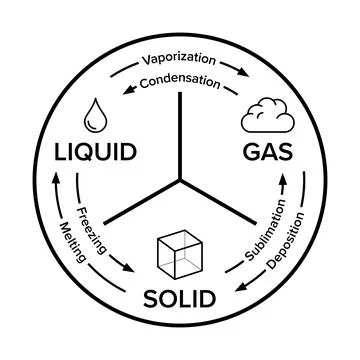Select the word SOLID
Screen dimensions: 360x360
(180, 298)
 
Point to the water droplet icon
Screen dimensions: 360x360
(96, 114)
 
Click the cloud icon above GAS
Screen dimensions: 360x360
(268, 118)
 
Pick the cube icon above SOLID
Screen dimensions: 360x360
(180, 252)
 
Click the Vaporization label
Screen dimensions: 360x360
(180, 57)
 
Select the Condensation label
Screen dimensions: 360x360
(180, 82)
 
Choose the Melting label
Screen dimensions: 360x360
(76, 243)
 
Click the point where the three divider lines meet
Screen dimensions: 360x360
(181, 181)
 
